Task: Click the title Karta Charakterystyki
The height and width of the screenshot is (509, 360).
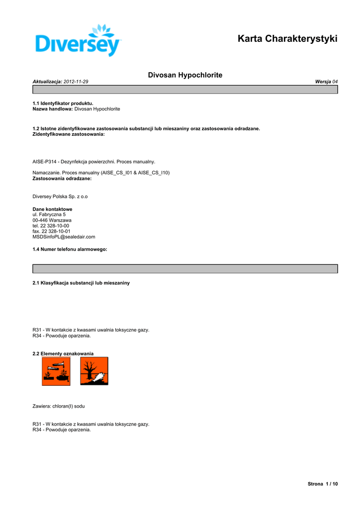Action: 287,39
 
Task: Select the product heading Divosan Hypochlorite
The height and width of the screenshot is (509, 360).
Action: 185,75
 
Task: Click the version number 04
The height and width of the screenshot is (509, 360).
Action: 335,81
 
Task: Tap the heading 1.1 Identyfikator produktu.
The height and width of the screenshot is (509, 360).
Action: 63,103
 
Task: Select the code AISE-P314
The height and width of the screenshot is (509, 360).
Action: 45,162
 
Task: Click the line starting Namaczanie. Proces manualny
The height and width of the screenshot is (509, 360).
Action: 101,172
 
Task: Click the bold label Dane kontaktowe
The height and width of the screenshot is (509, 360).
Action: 52,209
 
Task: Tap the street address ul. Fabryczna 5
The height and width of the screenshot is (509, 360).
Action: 49,214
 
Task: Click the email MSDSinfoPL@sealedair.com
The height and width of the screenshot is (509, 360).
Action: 64,237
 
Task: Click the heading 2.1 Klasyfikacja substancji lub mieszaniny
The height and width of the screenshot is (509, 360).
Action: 81,283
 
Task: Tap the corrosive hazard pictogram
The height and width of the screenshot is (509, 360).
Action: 56,371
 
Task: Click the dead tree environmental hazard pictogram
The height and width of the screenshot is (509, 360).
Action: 94,371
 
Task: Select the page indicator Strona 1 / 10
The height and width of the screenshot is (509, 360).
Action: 323,484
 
